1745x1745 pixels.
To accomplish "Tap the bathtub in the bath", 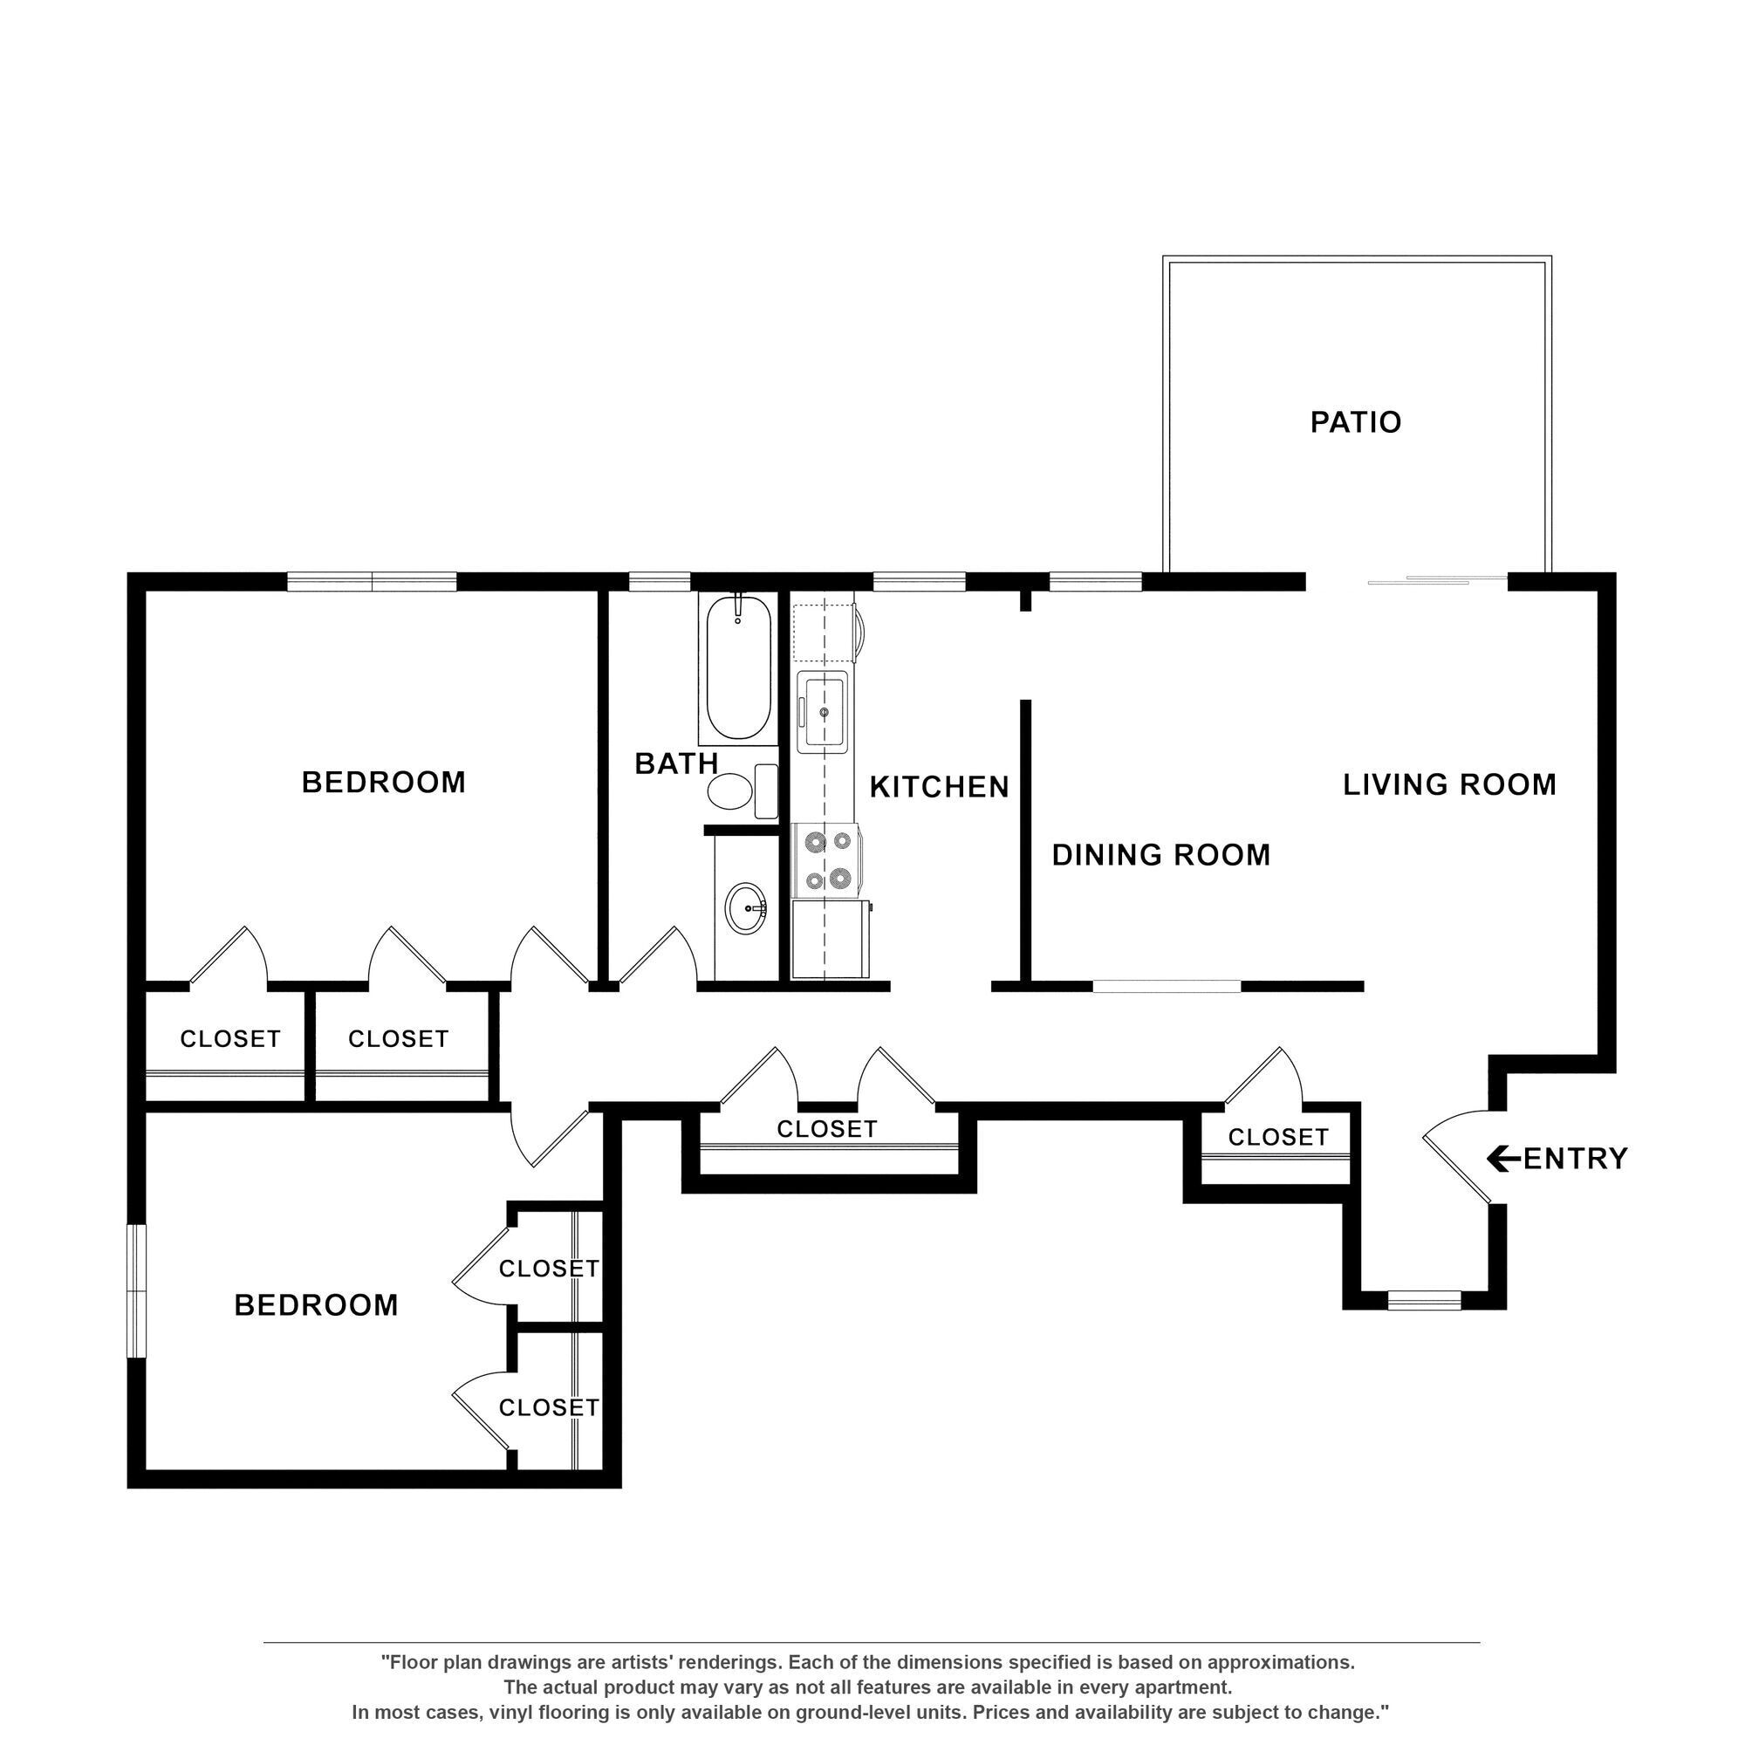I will pyautogui.click(x=738, y=669).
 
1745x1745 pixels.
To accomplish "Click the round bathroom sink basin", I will pyautogui.click(x=746, y=907).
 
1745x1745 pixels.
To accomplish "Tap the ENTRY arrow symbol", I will pyautogui.click(x=1502, y=1159).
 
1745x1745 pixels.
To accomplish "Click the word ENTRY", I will pyautogui.click(x=1575, y=1159).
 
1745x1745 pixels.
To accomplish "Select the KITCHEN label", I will pyautogui.click(x=940, y=788).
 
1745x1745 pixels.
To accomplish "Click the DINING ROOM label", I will pyautogui.click(x=1160, y=854).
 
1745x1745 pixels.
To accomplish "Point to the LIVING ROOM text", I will pyautogui.click(x=1448, y=784).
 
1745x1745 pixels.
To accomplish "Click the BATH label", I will pyautogui.click(x=675, y=764).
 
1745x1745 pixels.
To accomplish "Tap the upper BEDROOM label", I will pyautogui.click(x=384, y=782).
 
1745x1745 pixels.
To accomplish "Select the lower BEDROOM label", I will pyautogui.click(x=316, y=1305).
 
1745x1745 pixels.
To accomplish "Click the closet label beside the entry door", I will pyautogui.click(x=1278, y=1137).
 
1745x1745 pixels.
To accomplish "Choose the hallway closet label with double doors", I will pyautogui.click(x=826, y=1129).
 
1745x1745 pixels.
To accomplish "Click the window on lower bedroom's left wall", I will pyautogui.click(x=136, y=1291).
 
